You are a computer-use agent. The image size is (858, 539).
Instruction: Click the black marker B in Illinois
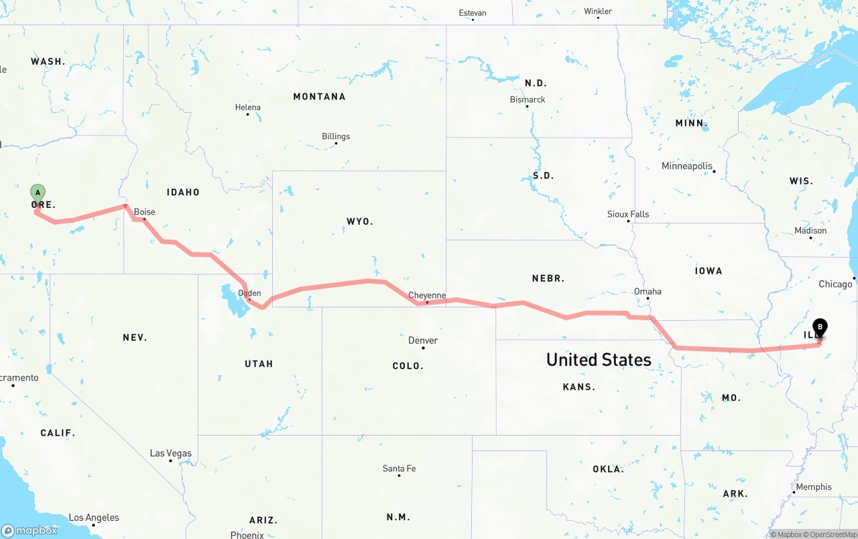[819, 328]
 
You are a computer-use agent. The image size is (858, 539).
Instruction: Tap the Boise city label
[144, 212]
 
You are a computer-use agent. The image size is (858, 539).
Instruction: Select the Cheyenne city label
[427, 295]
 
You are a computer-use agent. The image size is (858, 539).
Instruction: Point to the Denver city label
[423, 340]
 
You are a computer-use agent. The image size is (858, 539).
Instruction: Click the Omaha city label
[648, 291]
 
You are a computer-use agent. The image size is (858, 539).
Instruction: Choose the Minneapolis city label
[686, 166]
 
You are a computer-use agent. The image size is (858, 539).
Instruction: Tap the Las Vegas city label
[170, 453]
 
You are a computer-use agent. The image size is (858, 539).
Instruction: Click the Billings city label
[336, 136]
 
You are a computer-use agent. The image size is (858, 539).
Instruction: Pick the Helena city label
[247, 107]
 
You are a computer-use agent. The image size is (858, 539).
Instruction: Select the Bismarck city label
[528, 99]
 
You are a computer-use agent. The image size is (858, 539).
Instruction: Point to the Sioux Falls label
[628, 214]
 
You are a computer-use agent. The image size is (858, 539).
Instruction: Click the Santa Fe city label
[399, 469]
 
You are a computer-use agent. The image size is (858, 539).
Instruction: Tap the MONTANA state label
[319, 97]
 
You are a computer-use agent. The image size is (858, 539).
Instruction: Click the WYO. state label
[360, 221]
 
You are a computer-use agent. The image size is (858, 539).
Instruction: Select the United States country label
[599, 360]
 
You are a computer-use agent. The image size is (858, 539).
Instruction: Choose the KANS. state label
[579, 387]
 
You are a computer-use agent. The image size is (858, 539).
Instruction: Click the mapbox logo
[29, 530]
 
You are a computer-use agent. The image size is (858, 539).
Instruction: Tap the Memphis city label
[814, 487]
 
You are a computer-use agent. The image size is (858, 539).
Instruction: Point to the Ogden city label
[249, 293]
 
